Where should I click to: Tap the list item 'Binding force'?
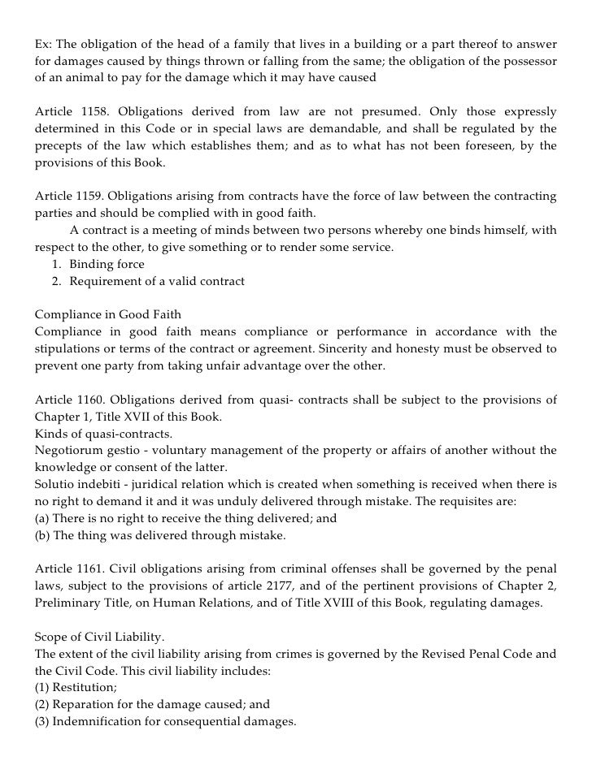click(107, 264)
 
